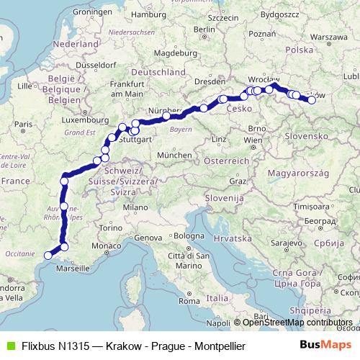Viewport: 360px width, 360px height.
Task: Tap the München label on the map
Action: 174,155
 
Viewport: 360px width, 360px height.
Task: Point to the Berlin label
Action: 204,30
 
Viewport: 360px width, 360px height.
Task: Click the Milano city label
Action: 132,207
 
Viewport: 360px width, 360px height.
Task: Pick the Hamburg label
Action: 149,14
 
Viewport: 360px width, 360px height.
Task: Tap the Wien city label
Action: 253,139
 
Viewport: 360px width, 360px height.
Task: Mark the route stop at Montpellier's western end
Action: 48,254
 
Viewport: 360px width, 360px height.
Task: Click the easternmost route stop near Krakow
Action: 312,100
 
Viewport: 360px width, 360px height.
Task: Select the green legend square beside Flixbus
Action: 9,346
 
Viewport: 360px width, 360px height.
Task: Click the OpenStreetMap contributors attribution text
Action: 297,323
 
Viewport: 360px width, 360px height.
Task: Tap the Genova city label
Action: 150,238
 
